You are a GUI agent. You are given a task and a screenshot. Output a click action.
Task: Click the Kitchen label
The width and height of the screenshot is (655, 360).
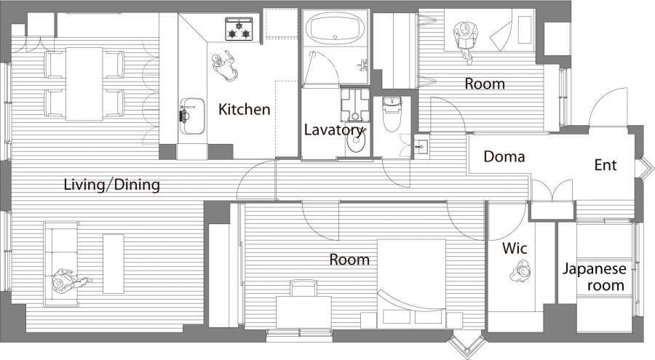point(245,109)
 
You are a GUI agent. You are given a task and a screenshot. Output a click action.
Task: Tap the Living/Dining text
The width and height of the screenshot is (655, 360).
point(111,185)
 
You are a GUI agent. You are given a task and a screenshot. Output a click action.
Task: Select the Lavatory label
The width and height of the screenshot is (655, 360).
point(333,130)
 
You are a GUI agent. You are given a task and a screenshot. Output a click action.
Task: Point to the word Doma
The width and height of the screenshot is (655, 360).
point(504,156)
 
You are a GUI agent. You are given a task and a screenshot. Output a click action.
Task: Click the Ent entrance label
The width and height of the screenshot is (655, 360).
point(606,165)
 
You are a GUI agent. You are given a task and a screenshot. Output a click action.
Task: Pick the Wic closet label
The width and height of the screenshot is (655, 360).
point(515,249)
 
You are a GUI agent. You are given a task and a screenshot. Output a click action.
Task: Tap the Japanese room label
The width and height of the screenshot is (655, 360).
point(595,277)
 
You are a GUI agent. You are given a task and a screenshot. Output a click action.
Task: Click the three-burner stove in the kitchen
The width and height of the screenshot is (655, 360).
point(239,29)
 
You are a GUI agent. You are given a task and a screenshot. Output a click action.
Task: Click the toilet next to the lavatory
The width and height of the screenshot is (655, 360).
point(392,114)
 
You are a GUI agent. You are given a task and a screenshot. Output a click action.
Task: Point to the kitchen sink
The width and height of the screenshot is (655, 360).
point(192,116)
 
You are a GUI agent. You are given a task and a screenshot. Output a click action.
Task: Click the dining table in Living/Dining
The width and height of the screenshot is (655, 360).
point(84,84)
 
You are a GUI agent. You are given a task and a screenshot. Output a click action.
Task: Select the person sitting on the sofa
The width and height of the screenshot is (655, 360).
point(69,281)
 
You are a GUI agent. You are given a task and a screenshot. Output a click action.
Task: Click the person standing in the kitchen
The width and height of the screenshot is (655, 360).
point(225,66)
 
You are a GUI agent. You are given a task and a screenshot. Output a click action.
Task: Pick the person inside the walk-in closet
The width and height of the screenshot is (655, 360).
point(520,271)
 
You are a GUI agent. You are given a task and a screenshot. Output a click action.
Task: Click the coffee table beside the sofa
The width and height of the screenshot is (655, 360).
point(114,263)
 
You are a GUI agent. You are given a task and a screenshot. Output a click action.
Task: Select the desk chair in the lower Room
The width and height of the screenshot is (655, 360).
point(303,288)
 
